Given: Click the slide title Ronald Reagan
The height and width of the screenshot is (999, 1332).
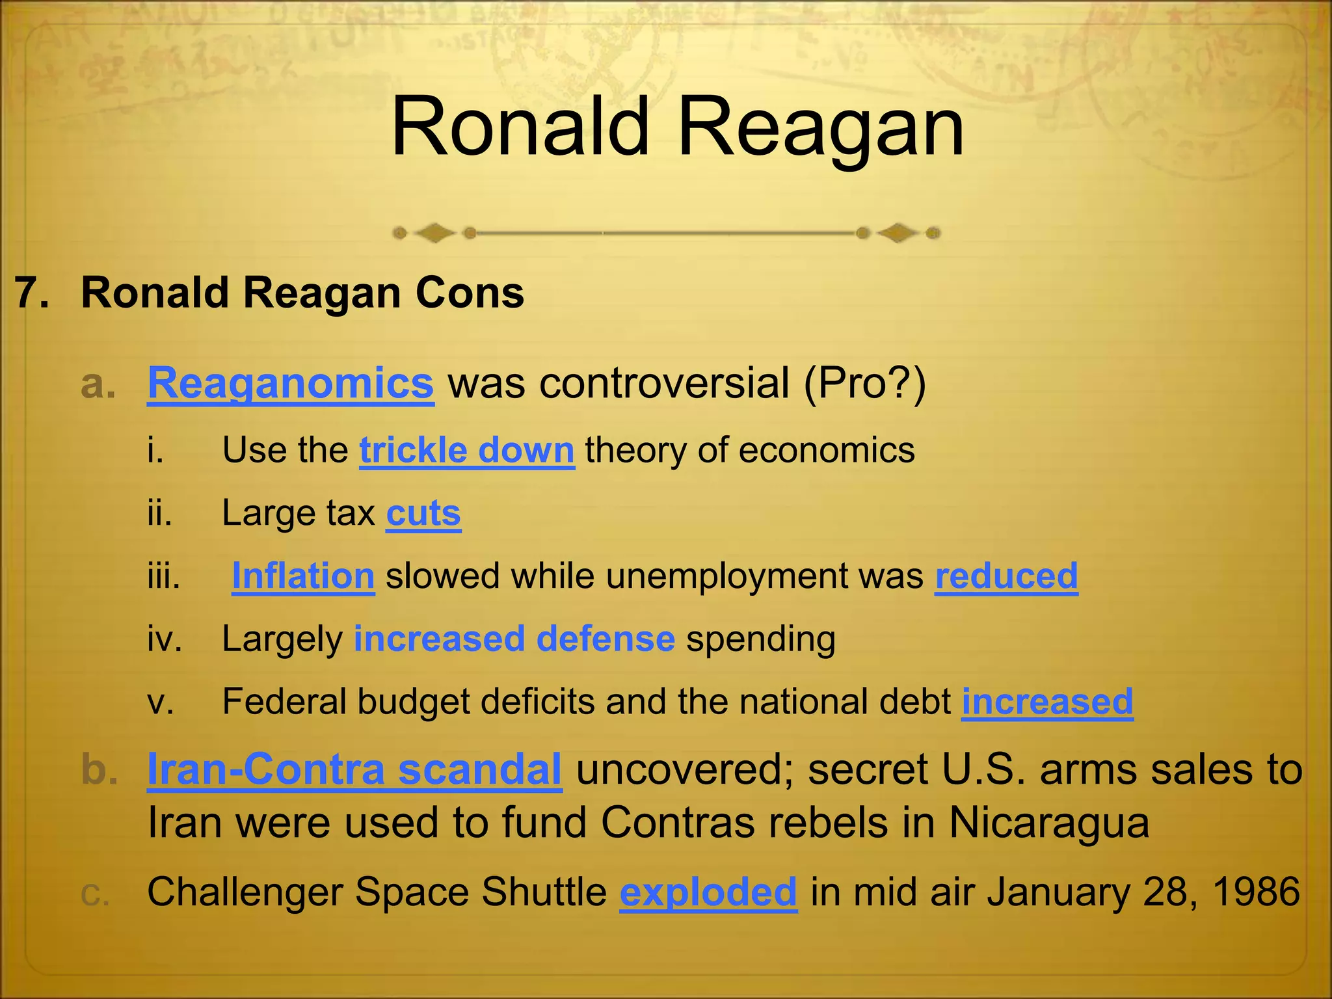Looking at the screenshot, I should tap(677, 127).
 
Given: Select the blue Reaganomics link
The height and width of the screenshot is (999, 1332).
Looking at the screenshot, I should tap(291, 383).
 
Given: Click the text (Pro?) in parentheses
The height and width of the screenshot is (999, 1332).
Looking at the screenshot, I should tap(864, 383).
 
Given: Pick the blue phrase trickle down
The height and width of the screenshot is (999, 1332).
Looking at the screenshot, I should tap(466, 450).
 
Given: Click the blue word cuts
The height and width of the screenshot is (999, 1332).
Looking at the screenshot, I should tap(423, 513).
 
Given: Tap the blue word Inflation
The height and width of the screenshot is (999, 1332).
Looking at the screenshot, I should tap(303, 576).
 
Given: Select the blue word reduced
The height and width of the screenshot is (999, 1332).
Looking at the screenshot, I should tap(1006, 576).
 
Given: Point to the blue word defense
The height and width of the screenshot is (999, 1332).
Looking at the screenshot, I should tap(606, 639).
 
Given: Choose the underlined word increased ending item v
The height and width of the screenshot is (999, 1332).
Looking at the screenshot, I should tap(1047, 702).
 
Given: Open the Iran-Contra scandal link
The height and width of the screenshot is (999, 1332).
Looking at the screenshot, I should tap(354, 769).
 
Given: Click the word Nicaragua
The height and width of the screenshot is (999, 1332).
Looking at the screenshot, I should tap(1048, 823).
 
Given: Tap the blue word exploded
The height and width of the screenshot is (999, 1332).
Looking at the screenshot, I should tap(708, 892).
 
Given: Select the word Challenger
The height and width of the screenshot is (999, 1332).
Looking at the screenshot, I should tap(245, 892).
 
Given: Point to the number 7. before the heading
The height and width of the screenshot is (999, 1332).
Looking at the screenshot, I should tap(33, 293).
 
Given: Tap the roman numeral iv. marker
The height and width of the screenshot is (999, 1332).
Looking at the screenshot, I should tap(165, 639).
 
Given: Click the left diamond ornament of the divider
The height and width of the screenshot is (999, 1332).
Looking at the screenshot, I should tap(434, 232).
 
